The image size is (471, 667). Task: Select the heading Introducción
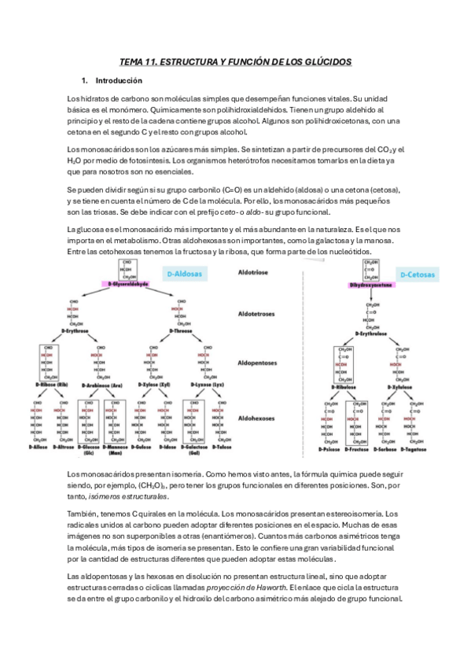[x=118, y=80]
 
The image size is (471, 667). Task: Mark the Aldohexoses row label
[x=257, y=418]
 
